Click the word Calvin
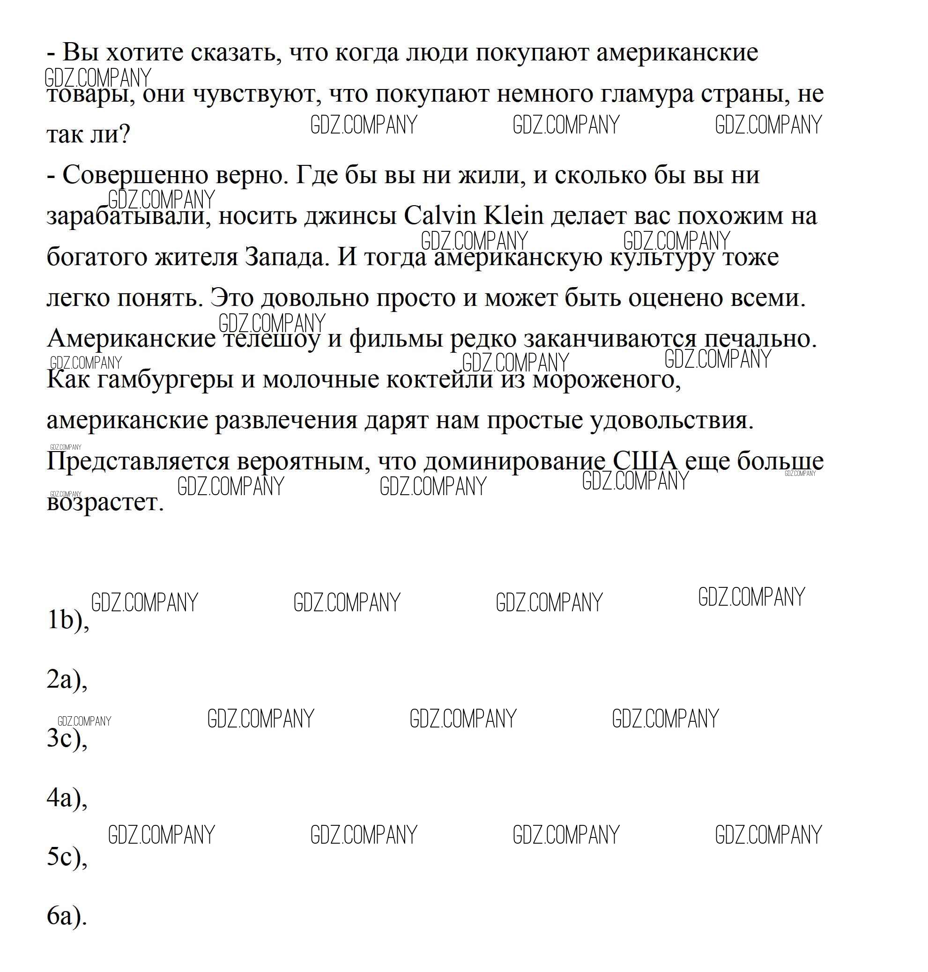pyautogui.click(x=439, y=215)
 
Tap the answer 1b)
pyautogui.click(x=68, y=620)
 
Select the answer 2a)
pyautogui.click(x=67, y=679)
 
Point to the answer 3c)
pyautogui.click(x=67, y=738)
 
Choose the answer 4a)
pyautogui.click(x=67, y=797)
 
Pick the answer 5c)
pyautogui.click(x=67, y=857)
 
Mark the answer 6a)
pyautogui.click(x=67, y=916)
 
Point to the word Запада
pyautogui.click(x=287, y=257)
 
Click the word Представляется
pyautogui.click(x=138, y=461)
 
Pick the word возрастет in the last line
pyautogui.click(x=104, y=503)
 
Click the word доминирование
pyautogui.click(x=514, y=461)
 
